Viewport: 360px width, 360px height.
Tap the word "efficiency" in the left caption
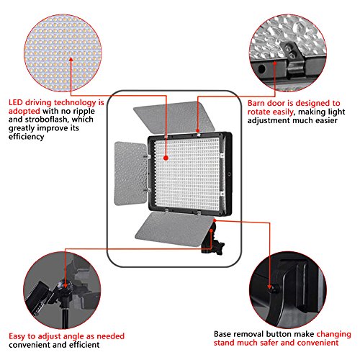(27, 137)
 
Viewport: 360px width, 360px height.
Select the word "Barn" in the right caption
(256, 103)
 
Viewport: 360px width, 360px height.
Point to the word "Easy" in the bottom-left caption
(17, 336)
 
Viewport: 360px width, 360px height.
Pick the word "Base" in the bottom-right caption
(222, 334)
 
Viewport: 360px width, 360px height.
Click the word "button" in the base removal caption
(279, 334)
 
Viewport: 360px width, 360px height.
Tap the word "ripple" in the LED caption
(84, 112)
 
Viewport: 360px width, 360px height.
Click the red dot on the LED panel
(166, 158)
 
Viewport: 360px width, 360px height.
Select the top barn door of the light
(175, 118)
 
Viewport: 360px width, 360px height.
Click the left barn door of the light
(130, 174)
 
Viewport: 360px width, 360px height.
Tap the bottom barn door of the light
(174, 229)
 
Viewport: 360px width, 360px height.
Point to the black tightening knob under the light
(220, 248)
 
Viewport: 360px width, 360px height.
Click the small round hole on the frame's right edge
(229, 174)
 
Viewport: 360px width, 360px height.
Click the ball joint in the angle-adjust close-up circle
(65, 287)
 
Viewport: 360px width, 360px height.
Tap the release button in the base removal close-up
(274, 289)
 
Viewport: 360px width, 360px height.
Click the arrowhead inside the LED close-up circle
(71, 59)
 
